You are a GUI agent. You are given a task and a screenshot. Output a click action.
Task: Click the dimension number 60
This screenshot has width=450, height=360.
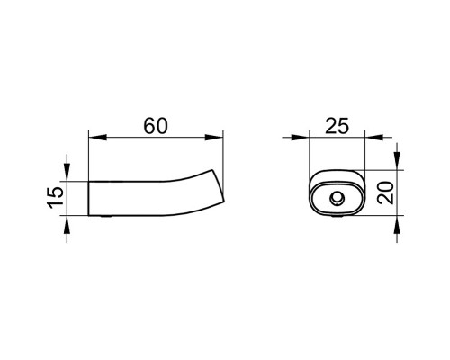tap(156, 126)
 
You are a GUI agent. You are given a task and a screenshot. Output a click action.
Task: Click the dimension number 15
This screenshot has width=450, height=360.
tap(56, 197)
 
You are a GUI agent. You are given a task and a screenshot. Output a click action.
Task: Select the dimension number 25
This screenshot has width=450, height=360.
tap(337, 126)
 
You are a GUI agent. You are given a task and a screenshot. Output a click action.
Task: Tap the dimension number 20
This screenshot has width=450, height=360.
tap(386, 193)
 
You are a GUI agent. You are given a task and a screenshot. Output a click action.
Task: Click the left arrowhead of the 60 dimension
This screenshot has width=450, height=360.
tap(98, 138)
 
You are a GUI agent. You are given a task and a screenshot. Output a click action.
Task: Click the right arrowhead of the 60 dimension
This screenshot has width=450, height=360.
tap(214, 138)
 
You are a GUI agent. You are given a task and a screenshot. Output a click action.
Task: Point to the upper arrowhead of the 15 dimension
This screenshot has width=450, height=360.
tap(67, 172)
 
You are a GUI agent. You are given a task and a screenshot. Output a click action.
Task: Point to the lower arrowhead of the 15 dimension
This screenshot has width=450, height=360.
tap(67, 224)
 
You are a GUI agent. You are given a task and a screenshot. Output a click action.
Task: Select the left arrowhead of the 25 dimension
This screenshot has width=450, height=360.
tap(300, 138)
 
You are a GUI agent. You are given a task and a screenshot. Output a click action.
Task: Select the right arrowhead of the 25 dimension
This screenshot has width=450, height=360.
tap(373, 138)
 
